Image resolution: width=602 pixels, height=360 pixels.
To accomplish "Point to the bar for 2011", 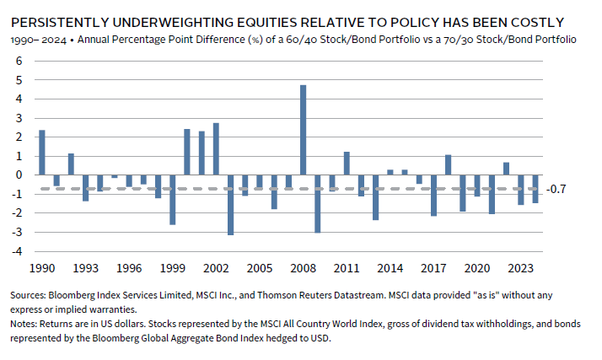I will tap(346, 164).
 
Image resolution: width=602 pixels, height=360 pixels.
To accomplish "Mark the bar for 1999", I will tap(172, 200).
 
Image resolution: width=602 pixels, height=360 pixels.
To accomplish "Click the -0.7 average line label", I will tap(556, 189).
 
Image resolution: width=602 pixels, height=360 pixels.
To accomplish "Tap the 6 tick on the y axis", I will tap(19, 61).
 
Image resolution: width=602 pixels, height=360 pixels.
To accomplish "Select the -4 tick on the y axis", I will tap(17, 252).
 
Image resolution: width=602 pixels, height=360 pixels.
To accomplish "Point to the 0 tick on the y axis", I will tap(19, 175).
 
